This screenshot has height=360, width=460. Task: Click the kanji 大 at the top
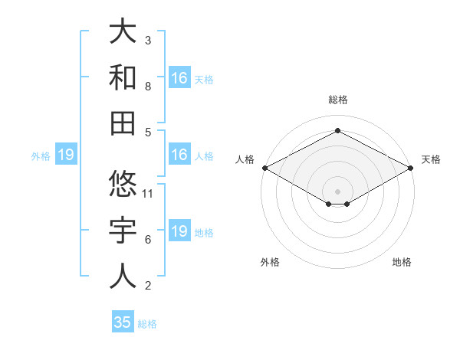click(123, 33)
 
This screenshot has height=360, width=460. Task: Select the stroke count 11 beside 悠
click(149, 194)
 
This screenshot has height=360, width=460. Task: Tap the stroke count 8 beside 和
click(148, 87)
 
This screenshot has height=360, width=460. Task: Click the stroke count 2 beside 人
click(148, 286)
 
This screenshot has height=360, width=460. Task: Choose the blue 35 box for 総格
click(123, 322)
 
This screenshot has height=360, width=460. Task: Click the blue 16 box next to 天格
click(179, 78)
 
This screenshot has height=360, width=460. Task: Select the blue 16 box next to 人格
click(179, 155)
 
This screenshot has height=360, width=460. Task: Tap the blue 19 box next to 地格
click(179, 231)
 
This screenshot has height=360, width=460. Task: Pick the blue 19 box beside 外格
click(66, 155)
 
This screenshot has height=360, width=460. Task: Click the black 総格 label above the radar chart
click(337, 100)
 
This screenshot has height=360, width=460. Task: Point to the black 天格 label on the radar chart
click(431, 159)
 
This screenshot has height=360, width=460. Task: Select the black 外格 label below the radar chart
click(270, 262)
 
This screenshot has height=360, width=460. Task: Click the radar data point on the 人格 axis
click(264, 168)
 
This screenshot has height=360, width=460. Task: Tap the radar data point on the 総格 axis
click(337, 130)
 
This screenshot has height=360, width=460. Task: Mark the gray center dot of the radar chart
click(337, 191)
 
